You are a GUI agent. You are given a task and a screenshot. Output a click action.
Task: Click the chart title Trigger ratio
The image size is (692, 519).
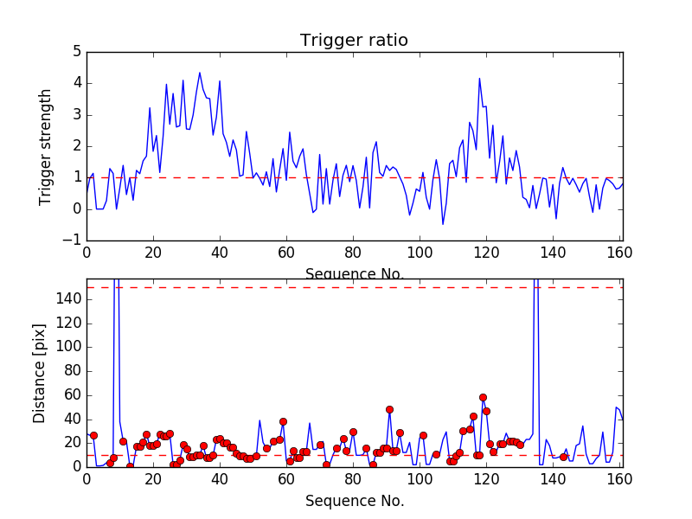[x=354, y=41]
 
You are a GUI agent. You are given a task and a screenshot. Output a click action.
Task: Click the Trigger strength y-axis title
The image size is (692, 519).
[x=46, y=146]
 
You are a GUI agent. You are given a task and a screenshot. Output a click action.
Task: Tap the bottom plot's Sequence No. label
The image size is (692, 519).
[x=354, y=501]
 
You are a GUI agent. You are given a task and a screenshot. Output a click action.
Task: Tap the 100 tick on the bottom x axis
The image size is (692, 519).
[x=420, y=480]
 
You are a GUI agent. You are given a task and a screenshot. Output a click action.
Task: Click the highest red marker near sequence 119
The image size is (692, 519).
[x=483, y=397]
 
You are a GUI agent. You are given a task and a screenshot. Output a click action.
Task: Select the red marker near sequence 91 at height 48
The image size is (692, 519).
[x=389, y=409]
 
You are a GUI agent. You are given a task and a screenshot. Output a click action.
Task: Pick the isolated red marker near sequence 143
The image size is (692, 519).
[x=563, y=457]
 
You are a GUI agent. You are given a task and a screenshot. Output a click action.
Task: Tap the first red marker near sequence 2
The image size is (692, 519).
[x=93, y=435]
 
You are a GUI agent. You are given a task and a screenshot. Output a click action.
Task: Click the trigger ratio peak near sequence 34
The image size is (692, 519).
[x=200, y=73]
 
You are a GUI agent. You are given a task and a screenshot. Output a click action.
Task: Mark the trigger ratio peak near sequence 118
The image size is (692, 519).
[x=479, y=78]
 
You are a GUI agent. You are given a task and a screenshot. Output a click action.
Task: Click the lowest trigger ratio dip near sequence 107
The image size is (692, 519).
[x=443, y=225]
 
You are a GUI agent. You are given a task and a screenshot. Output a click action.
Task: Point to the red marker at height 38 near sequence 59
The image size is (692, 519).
[x=283, y=421]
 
